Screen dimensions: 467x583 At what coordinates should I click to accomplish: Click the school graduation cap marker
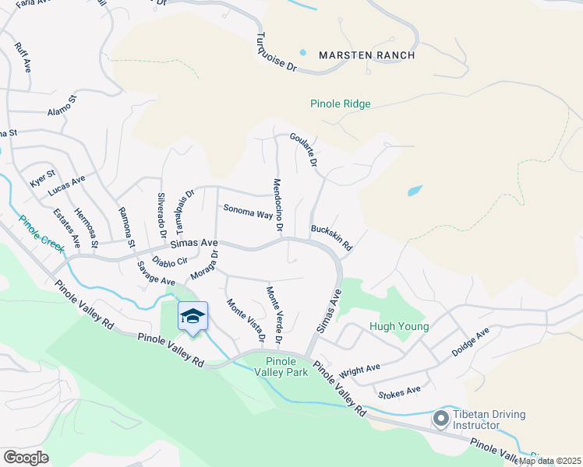click(193, 316)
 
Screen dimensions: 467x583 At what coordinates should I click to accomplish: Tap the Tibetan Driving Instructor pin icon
click(440, 420)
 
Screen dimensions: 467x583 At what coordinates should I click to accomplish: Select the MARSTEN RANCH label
click(366, 55)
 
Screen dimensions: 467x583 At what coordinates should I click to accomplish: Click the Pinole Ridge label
click(340, 104)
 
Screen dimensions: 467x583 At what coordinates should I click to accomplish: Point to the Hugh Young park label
click(398, 327)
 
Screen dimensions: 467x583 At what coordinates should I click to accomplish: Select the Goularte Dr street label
click(304, 149)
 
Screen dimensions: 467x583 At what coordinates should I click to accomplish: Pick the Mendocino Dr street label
click(276, 205)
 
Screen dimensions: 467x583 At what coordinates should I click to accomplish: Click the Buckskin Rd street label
click(332, 238)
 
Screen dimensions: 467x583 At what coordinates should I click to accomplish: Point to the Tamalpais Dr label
click(184, 209)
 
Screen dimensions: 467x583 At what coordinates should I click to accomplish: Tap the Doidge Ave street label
click(470, 342)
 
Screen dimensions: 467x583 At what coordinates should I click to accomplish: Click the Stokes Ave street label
click(398, 389)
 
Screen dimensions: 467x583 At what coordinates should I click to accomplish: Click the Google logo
click(26, 457)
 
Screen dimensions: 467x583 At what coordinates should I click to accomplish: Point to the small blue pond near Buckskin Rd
click(415, 191)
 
